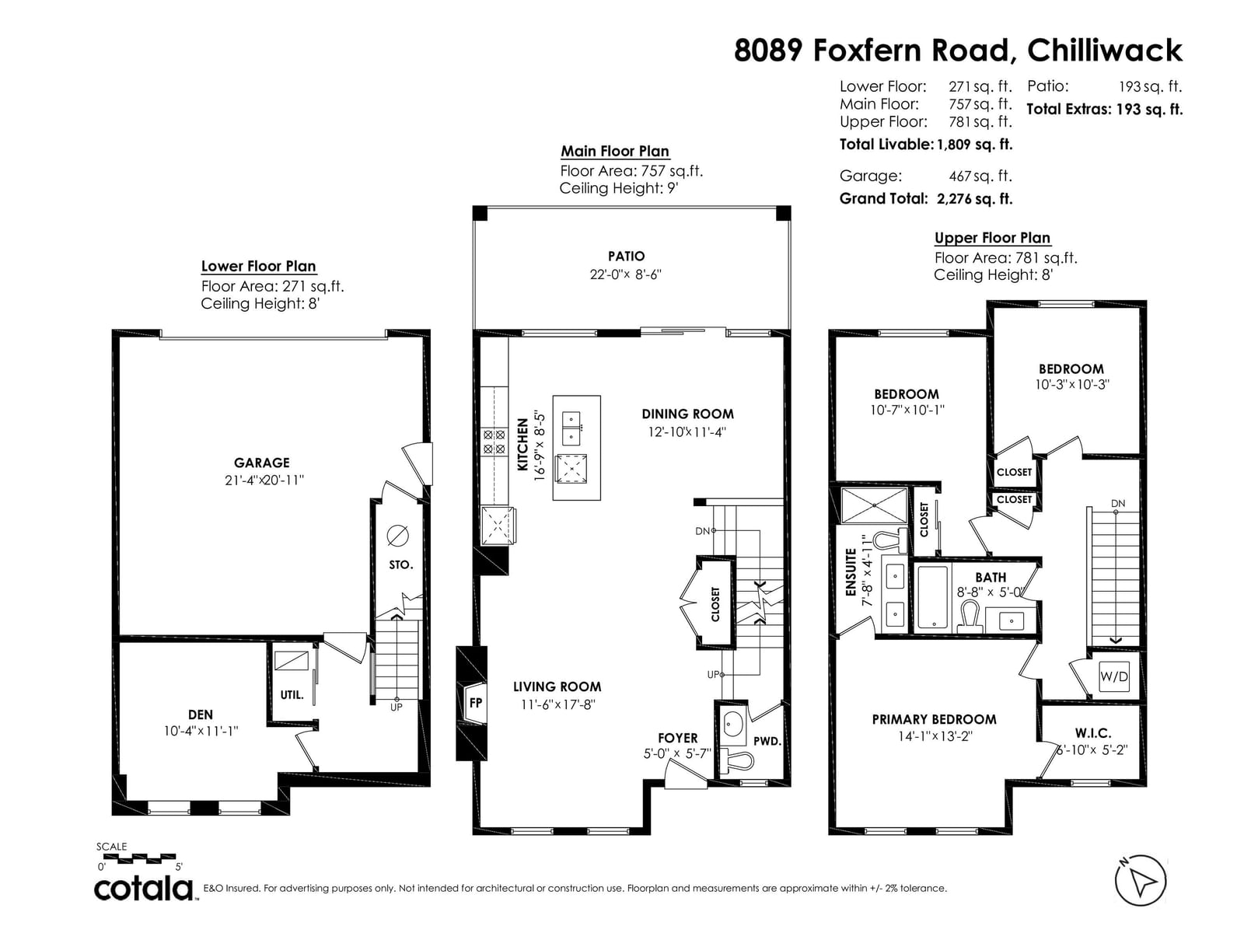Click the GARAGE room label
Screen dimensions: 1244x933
261,463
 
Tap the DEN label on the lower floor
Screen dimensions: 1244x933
200,715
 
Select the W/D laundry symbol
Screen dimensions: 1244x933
1113,676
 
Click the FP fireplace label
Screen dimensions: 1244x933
476,702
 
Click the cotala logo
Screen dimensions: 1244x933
143,889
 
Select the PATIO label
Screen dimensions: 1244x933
626,256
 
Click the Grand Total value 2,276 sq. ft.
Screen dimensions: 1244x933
974,199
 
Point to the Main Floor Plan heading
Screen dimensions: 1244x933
615,152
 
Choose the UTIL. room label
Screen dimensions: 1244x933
292,694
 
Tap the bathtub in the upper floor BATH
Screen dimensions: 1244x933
932,598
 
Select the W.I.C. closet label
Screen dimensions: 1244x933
1092,733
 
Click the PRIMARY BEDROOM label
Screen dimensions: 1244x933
934,719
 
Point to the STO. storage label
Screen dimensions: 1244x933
400,564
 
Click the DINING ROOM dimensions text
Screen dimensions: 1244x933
687,432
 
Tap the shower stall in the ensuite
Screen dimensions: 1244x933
874,505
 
